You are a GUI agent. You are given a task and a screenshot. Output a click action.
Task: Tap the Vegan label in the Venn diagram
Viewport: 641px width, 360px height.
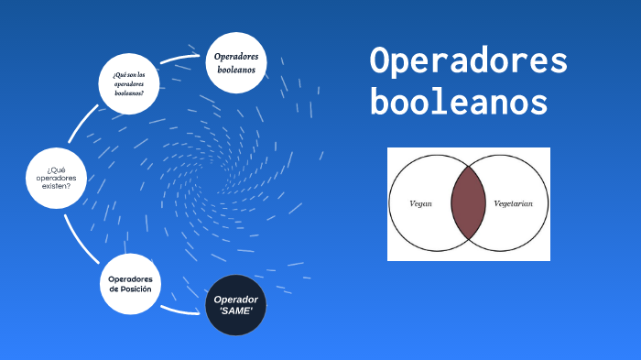point(420,203)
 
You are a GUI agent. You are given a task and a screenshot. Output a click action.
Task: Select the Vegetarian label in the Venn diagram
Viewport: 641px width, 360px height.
point(519,203)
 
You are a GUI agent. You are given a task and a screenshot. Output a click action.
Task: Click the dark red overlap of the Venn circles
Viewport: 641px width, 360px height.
point(468,203)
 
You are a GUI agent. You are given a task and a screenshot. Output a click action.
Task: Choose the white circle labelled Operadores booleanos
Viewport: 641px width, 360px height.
point(236,62)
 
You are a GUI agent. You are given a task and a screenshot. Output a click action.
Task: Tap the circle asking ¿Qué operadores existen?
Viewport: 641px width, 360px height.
point(57,178)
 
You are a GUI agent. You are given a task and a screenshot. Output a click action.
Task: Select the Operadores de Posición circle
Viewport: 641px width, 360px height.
point(130,284)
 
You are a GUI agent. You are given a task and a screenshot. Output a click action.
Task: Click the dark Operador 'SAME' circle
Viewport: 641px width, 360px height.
point(235,305)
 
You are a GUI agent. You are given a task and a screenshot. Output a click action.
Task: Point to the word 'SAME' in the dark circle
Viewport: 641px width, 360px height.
point(235,311)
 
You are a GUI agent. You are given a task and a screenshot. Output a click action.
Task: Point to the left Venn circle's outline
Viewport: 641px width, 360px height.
point(391,203)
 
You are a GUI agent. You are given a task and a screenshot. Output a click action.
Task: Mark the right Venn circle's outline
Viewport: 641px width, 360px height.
point(548,203)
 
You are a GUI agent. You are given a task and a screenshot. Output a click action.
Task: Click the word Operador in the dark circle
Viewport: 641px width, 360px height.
point(235,300)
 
